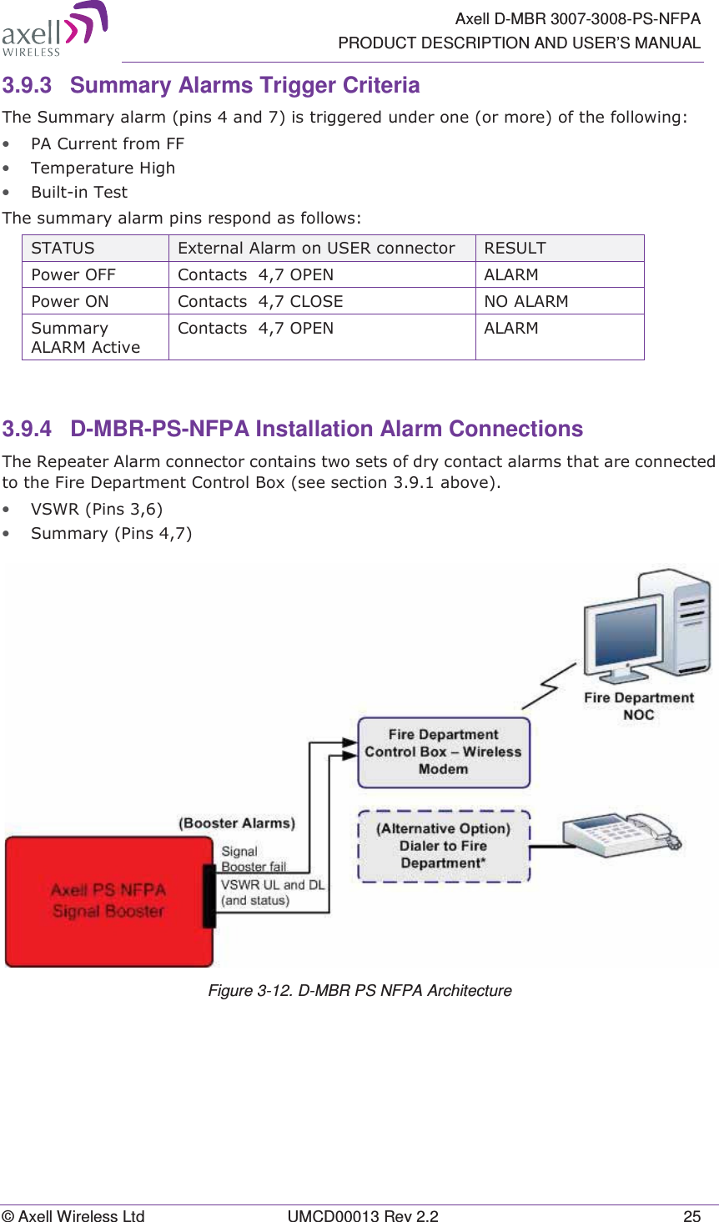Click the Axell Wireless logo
[x=54, y=29]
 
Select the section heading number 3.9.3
[x=27, y=86]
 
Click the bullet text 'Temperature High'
[x=103, y=168]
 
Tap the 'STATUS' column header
[x=63, y=248]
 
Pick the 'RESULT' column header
[x=515, y=248]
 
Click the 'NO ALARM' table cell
[x=525, y=301]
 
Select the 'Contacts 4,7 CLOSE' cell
[x=260, y=301]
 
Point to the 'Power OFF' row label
[x=73, y=274]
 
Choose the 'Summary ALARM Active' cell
[x=85, y=337]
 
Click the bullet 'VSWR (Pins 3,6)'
[x=96, y=509]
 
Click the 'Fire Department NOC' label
[x=638, y=706]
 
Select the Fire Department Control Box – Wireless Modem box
[x=444, y=752]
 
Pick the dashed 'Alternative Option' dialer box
[x=444, y=846]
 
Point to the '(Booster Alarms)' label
[x=237, y=823]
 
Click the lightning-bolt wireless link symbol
[x=549, y=686]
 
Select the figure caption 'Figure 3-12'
[x=359, y=990]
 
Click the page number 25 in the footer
[x=691, y=1216]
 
